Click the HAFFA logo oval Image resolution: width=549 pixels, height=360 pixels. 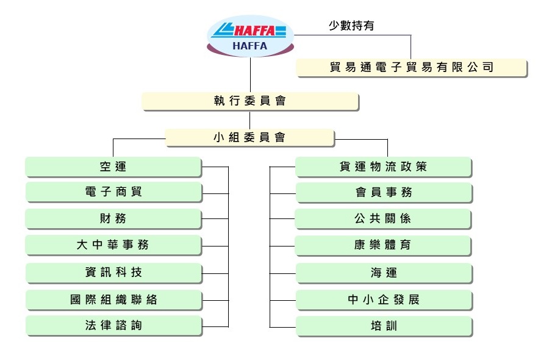tap(250, 36)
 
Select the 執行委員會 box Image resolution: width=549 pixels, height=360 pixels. tap(250, 101)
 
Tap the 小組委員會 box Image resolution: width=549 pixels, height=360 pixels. tap(250, 138)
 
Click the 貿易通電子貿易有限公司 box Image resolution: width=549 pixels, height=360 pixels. tap(411, 68)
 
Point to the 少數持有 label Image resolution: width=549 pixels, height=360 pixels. tap(352, 26)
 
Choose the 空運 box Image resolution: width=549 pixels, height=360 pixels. tap(113, 167)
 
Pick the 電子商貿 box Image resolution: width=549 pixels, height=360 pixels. tap(113, 192)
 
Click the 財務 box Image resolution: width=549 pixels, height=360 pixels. tap(113, 218)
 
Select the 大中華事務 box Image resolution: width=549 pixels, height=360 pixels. tap(113, 245)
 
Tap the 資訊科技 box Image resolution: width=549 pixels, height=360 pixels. tap(113, 272)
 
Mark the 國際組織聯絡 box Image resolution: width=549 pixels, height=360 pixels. tap(113, 300)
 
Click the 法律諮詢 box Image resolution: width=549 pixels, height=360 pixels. tap(113, 326)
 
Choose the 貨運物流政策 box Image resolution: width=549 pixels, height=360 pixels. tap(384, 167)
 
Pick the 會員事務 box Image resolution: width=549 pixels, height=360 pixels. tap(384, 192)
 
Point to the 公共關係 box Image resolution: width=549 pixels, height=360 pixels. tap(384, 218)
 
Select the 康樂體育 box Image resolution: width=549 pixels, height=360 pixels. tap(384, 245)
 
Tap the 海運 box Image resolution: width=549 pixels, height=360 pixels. tap(384, 273)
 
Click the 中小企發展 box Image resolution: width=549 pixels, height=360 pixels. tap(384, 300)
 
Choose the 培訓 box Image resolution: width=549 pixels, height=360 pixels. tap(384, 326)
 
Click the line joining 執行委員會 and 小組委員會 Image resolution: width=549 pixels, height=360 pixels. tap(250, 120)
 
